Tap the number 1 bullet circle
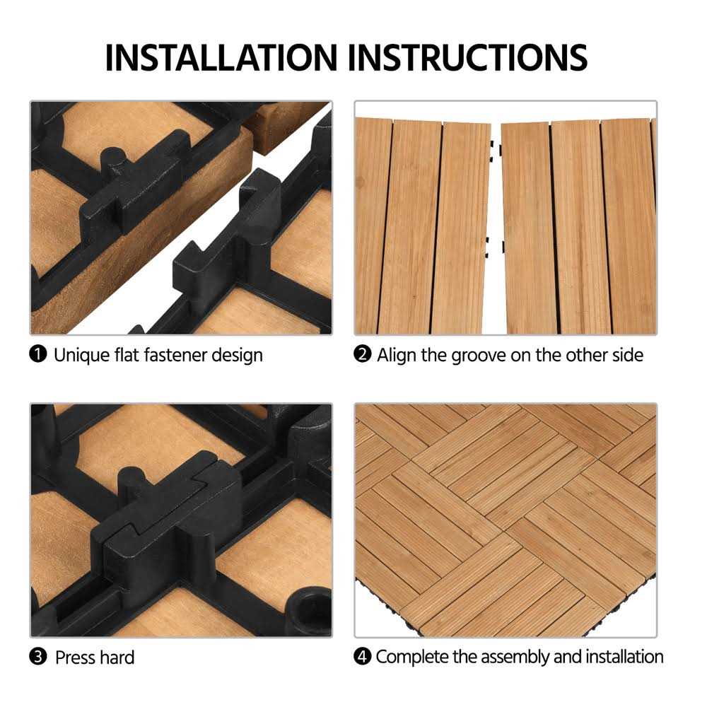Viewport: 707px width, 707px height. pyautogui.click(x=38, y=354)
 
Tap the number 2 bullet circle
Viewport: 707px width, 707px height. pyautogui.click(x=362, y=354)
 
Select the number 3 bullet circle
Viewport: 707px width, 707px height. pyautogui.click(x=38, y=657)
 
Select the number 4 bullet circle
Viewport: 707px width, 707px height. pyautogui.click(x=362, y=657)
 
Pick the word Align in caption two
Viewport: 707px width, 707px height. pyautogui.click(x=397, y=354)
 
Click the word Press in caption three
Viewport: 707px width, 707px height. pyautogui.click(x=74, y=657)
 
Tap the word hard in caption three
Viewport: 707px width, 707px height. pyautogui.click(x=116, y=657)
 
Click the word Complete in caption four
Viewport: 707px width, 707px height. pyautogui.click(x=411, y=657)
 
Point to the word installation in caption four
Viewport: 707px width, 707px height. pyautogui.click(x=625, y=657)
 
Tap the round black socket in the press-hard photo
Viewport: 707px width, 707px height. pyautogui.click(x=309, y=610)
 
